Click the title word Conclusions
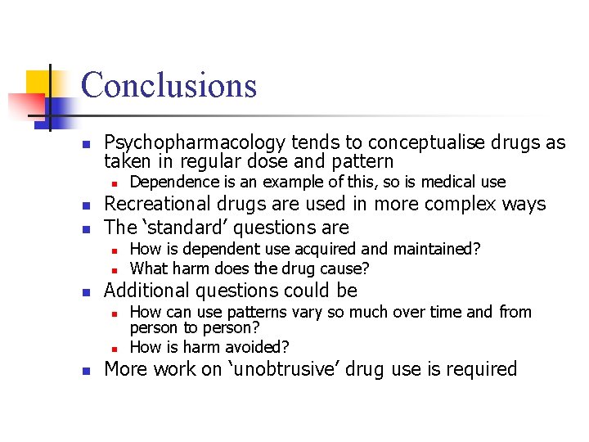(169, 85)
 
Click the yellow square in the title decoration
(39, 83)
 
